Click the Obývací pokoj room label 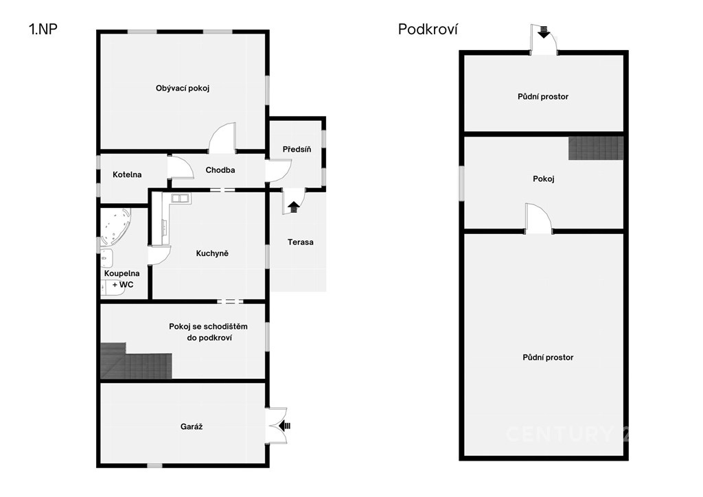point(183,89)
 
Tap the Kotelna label point(127,174)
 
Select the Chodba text point(220,170)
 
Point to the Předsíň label point(297,149)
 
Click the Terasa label point(301,242)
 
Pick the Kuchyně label point(212,253)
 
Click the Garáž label point(192,427)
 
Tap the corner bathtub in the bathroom point(115,227)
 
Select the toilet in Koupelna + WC point(112,288)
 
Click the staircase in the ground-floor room point(136,361)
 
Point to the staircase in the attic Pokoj point(596,148)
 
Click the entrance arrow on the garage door point(284,426)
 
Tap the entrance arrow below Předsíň point(294,207)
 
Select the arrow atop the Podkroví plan point(544,32)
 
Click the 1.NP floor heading point(43,29)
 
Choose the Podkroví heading point(428,30)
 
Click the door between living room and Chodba point(222,138)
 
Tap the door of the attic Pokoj point(539,218)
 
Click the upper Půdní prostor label point(543,96)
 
